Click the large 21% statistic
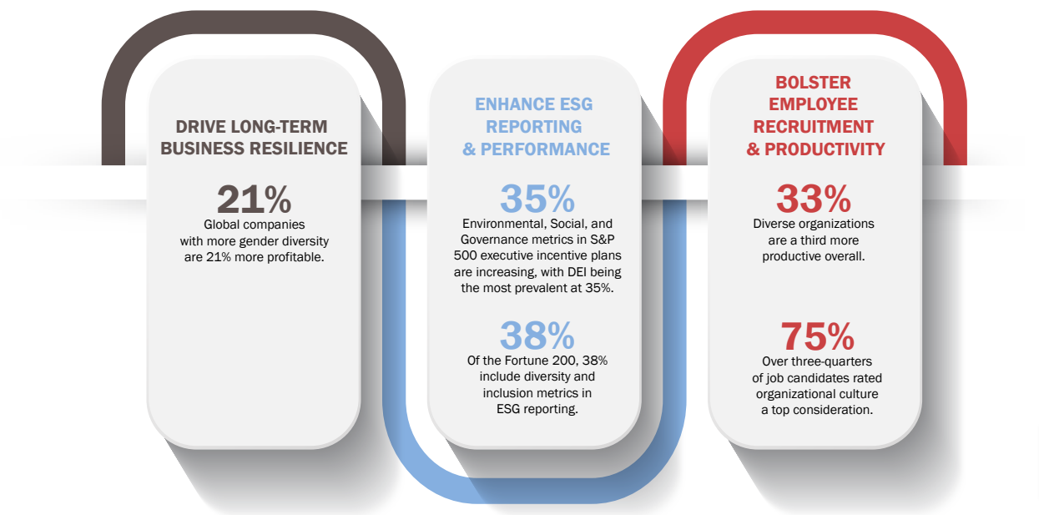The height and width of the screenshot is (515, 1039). [x=255, y=199]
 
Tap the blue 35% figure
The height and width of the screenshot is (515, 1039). [x=537, y=199]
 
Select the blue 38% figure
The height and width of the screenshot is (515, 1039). [x=537, y=336]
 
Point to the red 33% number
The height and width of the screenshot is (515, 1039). [x=814, y=199]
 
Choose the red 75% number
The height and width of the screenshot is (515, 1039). [x=817, y=336]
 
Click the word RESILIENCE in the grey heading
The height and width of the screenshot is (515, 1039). [x=299, y=149]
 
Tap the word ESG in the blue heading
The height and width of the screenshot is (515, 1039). [x=576, y=104]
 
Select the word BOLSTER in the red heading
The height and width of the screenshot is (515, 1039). [x=813, y=83]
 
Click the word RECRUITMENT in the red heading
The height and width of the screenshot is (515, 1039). [x=813, y=127]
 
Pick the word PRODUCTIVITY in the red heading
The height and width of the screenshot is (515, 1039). [x=825, y=149]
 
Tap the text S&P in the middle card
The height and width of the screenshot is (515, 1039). [x=602, y=240]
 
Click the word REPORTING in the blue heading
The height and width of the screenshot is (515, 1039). [x=533, y=127]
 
